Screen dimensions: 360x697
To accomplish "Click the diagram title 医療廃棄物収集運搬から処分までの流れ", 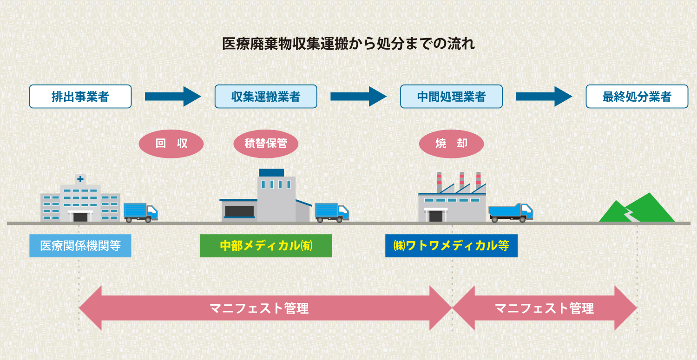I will coord(348,44).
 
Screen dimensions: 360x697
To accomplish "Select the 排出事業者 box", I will coord(80,97).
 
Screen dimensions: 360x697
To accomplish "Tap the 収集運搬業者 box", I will coord(266,97).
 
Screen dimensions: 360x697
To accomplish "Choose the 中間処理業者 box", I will coord(451,97).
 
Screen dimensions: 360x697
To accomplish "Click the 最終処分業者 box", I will coord(637,97).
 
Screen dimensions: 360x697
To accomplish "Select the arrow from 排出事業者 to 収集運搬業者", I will coord(172,97).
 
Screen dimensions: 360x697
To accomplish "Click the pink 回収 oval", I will coord(171,144).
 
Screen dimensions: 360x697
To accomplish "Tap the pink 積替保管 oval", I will coord(265,144).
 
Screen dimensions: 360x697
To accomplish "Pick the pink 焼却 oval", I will coord(451,144).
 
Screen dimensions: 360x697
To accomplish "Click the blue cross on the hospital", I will coord(80,179).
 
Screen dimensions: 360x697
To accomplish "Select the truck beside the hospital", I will coord(141,212).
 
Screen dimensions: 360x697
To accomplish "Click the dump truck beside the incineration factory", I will coord(510,212).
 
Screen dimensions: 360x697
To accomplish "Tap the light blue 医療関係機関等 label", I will coord(80,246).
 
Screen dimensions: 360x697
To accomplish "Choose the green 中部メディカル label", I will coord(266,246).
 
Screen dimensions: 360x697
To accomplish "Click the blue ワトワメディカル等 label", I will coord(451,246).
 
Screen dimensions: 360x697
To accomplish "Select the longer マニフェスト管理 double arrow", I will coord(265,308).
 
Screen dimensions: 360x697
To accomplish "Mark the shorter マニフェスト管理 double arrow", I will coord(544,308).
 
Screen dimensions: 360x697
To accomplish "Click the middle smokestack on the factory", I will coord(462,181).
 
